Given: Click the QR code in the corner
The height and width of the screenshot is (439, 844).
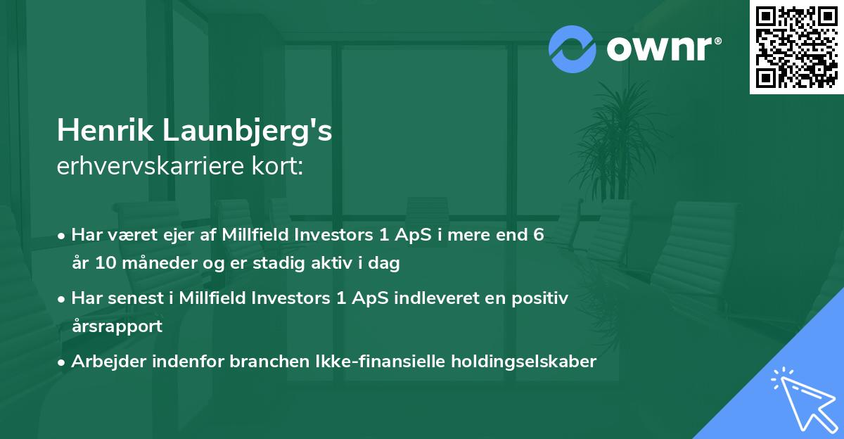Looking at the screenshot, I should pos(797,46).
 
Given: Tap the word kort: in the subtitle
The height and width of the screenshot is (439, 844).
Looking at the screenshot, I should pos(280,167).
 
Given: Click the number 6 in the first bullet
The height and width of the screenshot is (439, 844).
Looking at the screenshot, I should pos(539,235).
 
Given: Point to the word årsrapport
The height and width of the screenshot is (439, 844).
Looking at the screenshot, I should pos(117,326).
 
